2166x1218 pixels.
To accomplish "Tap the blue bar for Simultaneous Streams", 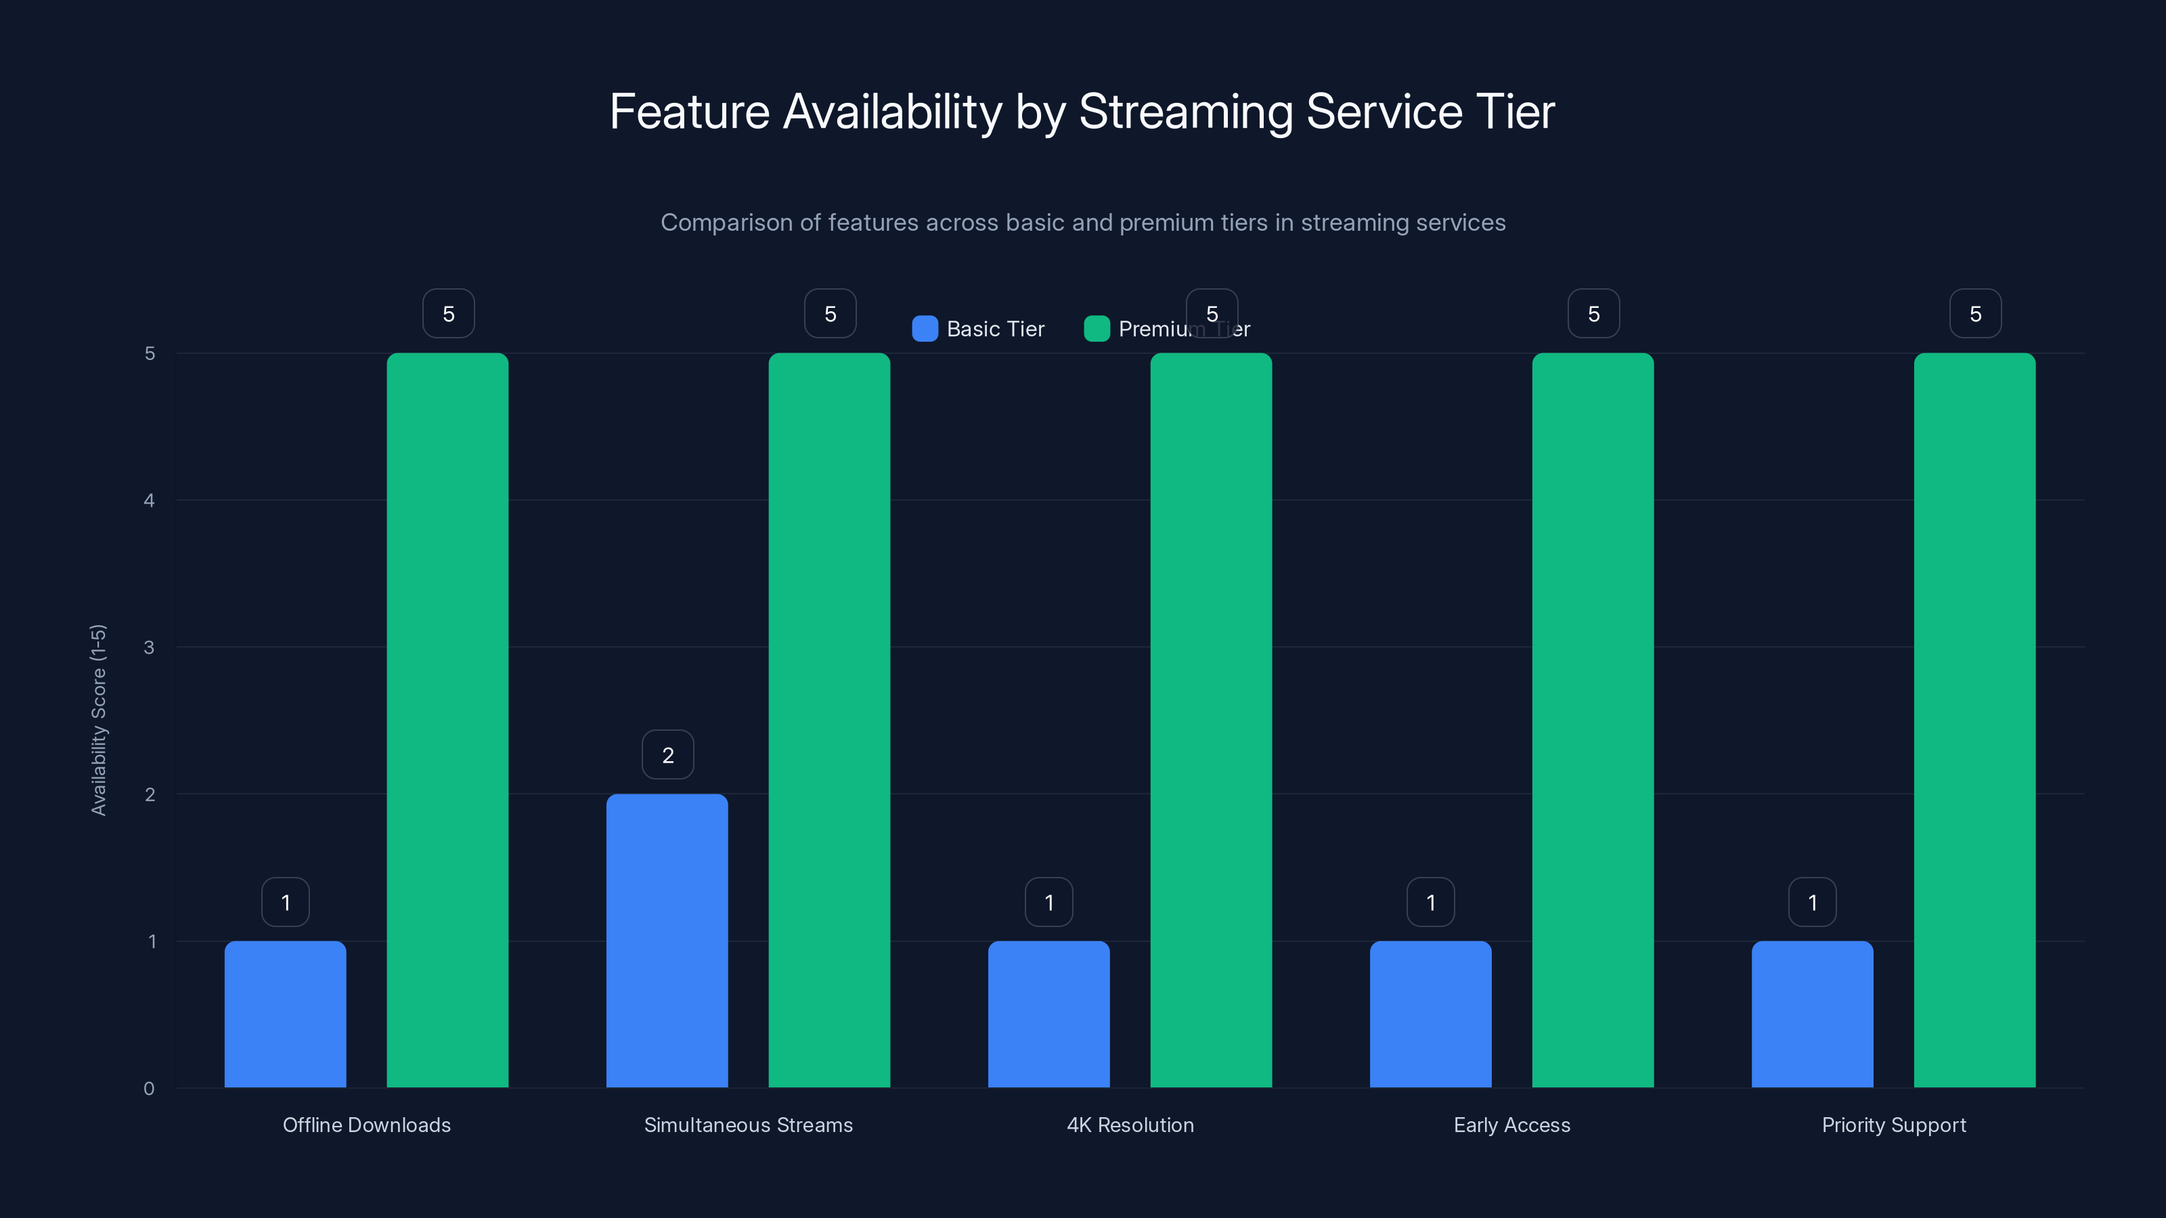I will click(667, 941).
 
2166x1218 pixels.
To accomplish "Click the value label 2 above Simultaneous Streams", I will click(667, 755).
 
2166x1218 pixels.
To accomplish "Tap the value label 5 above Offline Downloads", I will click(448, 313).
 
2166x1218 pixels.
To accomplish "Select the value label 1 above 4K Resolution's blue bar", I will click(1048, 902).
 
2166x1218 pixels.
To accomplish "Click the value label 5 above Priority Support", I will click(1975, 313).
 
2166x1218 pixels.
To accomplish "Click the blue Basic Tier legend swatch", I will click(925, 329).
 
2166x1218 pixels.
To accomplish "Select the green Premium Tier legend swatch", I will click(1097, 329).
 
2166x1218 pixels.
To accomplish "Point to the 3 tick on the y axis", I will click(149, 648).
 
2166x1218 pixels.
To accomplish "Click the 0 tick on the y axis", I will click(149, 1089).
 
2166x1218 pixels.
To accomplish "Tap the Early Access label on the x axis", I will click(1512, 1125).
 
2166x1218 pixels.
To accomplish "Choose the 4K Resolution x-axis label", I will click(1130, 1125).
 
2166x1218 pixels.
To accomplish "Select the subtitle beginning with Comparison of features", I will click(1083, 223).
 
